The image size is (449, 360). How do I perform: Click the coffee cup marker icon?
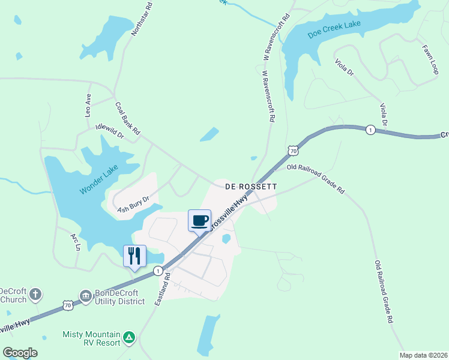coord(199,220)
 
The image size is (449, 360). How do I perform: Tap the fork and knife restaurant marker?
coord(134,256)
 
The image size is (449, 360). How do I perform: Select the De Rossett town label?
coord(251,187)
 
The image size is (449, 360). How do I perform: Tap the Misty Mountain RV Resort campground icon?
coord(128,338)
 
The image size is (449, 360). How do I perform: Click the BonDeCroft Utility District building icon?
coord(85,295)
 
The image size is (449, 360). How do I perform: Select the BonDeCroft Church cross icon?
coord(35,295)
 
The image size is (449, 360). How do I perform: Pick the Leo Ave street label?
coord(88,105)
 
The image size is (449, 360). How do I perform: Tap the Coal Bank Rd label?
coord(127,117)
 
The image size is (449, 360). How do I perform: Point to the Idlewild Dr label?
coord(109,131)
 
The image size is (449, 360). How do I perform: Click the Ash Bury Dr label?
coord(133,204)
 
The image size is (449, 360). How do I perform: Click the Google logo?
coord(20,353)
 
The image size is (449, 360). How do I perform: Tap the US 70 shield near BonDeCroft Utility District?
coord(68,306)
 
